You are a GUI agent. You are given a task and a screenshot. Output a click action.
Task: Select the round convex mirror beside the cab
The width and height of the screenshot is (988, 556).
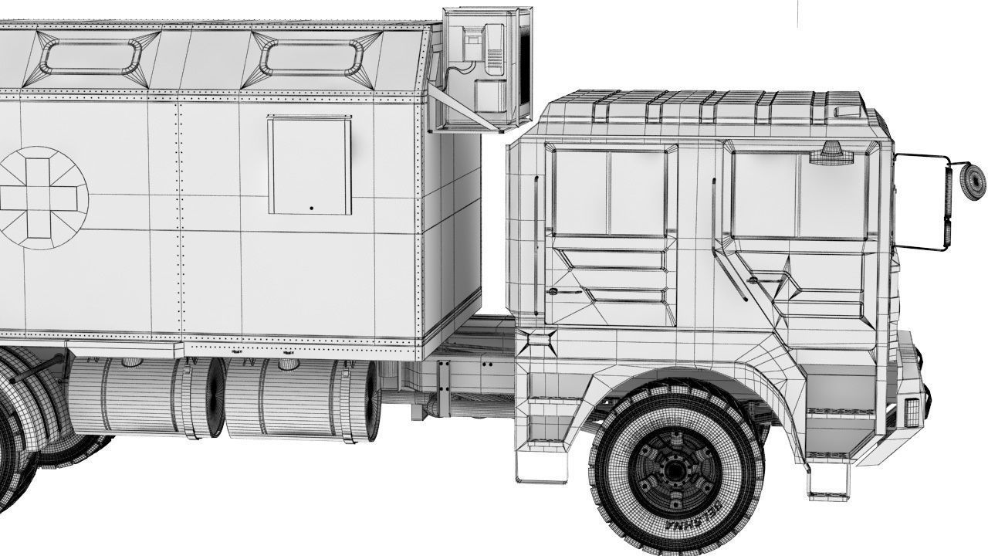973,181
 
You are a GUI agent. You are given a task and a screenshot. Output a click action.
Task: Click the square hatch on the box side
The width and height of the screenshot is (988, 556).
310,165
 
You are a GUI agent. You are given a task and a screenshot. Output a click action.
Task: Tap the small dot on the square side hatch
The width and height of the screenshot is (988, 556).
311,208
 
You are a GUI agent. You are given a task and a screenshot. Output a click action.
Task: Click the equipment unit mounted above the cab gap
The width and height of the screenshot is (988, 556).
486,67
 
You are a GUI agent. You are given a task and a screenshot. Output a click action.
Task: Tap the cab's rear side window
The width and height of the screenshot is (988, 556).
610,192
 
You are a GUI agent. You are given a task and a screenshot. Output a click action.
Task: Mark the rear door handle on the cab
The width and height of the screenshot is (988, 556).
553,292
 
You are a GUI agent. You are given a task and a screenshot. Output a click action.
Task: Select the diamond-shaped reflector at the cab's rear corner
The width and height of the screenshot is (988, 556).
538,341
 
